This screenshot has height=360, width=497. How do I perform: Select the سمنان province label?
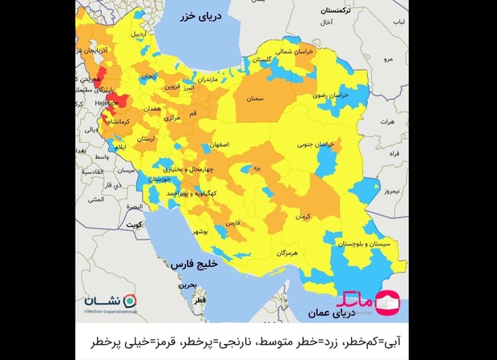pyautogui.click(x=256, y=99)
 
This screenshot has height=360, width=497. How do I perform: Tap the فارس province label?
pyautogui.click(x=232, y=224)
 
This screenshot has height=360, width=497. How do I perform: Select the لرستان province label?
pyautogui.click(x=146, y=139)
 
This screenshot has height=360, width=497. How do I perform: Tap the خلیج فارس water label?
pyautogui.click(x=196, y=264)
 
